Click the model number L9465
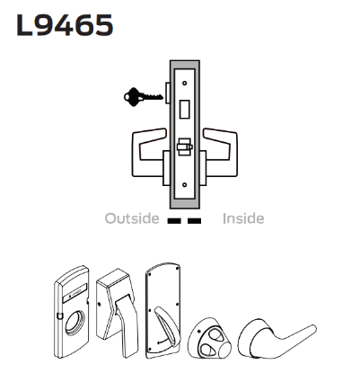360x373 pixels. [64, 25]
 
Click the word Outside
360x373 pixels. [132, 218]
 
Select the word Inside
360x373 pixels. [243, 218]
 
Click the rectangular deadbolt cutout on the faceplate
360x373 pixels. [186, 111]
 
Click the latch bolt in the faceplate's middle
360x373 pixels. [186, 145]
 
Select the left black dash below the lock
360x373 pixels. [174, 219]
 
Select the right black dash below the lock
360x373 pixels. [195, 219]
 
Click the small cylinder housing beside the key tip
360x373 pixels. [169, 93]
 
